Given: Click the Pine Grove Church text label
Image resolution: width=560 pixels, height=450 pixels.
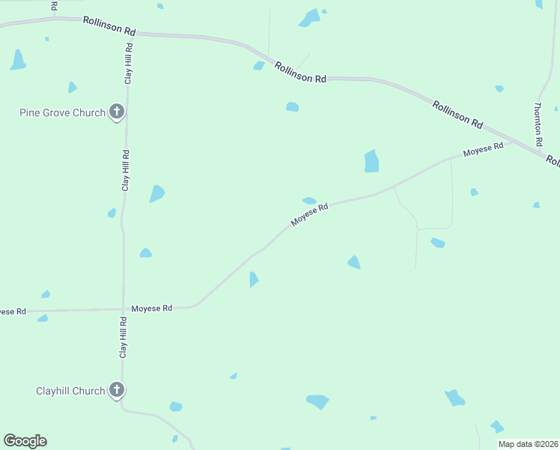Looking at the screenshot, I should point(62,113).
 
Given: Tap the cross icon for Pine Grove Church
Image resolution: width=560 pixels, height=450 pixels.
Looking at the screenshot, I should point(116,112).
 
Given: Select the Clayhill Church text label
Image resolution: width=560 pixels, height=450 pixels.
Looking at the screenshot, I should point(70,391).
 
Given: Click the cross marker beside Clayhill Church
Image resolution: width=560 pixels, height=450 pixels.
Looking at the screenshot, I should point(116,390).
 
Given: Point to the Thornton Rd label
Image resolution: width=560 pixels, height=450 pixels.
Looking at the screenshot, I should point(538,124).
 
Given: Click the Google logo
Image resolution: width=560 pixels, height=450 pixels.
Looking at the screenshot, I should point(25,441).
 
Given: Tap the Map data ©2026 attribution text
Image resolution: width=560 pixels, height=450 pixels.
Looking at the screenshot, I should point(528,444).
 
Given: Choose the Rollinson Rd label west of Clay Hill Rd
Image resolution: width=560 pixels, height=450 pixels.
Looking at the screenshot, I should point(109,27).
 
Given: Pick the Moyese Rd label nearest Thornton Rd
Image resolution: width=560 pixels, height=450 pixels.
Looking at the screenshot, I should point(483,151).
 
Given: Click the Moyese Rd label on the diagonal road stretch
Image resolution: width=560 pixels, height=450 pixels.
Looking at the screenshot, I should point(310,216).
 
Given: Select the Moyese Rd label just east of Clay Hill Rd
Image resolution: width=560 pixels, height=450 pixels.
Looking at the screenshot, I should point(152,308).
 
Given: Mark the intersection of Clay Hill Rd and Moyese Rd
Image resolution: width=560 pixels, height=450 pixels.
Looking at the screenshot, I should point(123,308).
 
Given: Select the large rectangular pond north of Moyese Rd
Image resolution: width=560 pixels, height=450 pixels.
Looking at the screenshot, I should point(371,161).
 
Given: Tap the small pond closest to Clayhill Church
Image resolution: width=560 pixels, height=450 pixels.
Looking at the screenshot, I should point(176,406).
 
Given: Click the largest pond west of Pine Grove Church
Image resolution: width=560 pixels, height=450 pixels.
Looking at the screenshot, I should point(18,60).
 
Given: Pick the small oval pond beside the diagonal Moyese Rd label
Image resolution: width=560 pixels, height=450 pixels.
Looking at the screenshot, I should point(309,200).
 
